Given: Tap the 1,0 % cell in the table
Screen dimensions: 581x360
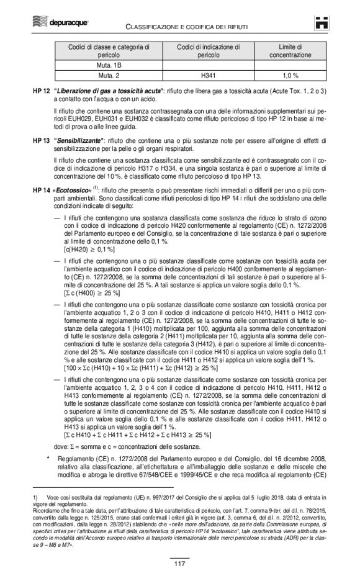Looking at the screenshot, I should [290, 75].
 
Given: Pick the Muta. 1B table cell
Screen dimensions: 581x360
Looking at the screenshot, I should [109, 65].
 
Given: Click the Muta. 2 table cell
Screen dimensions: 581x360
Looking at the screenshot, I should [109, 75].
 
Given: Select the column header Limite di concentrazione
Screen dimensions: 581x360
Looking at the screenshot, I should [290, 50].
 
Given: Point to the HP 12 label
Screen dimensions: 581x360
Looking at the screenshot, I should [41, 91].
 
